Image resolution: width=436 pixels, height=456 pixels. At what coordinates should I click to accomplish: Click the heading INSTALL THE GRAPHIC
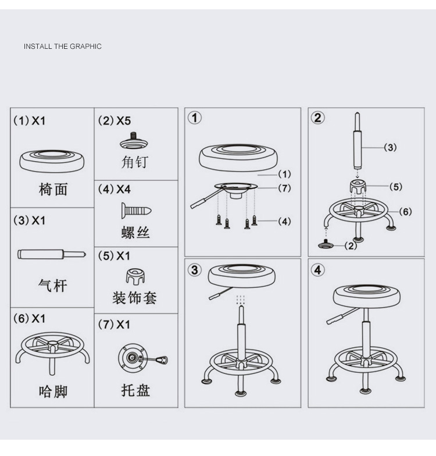tap(62, 47)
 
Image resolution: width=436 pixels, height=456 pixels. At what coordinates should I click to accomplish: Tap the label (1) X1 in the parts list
tap(29, 121)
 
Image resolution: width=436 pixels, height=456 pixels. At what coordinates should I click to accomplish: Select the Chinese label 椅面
tap(53, 188)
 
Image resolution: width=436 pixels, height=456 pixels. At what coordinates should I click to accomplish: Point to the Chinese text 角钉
tap(135, 162)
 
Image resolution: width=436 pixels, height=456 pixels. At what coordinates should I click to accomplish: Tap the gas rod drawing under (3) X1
tap(52, 254)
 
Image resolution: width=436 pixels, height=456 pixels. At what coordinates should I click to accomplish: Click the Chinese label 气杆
tap(53, 285)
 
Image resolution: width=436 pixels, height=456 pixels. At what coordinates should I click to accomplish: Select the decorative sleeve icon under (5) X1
tap(135, 276)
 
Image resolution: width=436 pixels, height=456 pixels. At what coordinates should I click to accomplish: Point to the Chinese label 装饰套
tap(135, 298)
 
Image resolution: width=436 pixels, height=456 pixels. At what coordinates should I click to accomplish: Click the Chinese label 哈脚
tap(53, 390)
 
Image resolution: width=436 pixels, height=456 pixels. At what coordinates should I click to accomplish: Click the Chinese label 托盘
tap(135, 390)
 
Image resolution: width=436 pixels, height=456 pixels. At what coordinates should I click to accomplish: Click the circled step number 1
tap(195, 117)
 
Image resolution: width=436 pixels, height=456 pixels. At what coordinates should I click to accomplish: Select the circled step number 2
tap(317, 117)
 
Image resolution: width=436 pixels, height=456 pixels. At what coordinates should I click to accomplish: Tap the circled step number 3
tap(195, 270)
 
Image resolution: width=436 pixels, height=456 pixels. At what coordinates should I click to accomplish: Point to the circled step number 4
tap(317, 270)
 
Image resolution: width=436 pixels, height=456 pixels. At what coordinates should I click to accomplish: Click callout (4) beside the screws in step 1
tap(284, 222)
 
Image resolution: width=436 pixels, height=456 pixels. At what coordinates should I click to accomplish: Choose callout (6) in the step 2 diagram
tap(405, 211)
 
